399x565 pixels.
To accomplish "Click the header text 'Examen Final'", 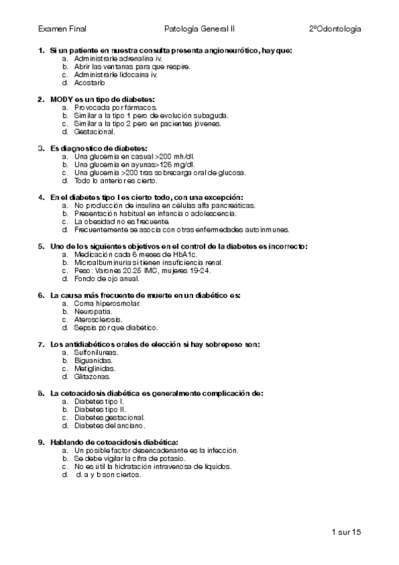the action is point(62,29).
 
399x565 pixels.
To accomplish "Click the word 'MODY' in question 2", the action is point(61,99).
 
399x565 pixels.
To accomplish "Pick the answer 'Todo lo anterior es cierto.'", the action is point(116,181).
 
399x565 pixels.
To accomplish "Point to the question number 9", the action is point(41,442).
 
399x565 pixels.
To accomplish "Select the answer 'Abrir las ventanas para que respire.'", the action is point(133,67).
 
